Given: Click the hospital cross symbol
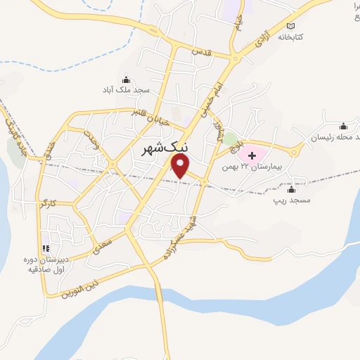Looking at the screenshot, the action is tap(251, 154).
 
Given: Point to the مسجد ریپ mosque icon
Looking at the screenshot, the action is tap(291, 188).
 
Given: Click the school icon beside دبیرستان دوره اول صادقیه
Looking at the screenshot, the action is tap(46, 248).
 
